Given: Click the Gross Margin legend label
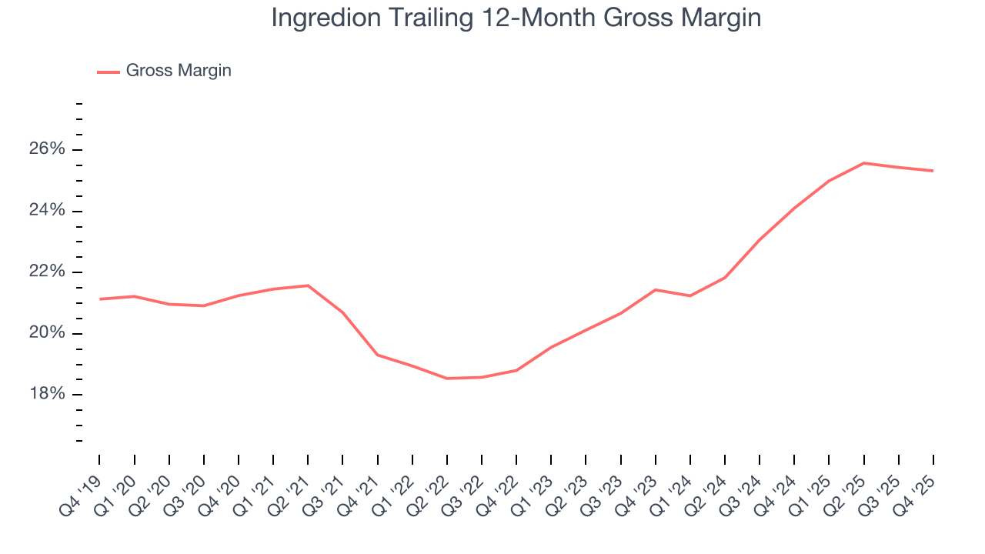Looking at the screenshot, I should coord(179,71).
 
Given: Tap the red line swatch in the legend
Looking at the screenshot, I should coord(109,72).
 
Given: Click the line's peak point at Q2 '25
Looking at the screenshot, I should coord(864,163).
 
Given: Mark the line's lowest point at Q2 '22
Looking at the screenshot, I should coord(447,379).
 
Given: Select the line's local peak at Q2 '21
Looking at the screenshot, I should coord(308,285).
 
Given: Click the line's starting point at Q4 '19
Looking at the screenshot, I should coord(100,299).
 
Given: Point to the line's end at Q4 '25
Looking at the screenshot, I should coord(933,171).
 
